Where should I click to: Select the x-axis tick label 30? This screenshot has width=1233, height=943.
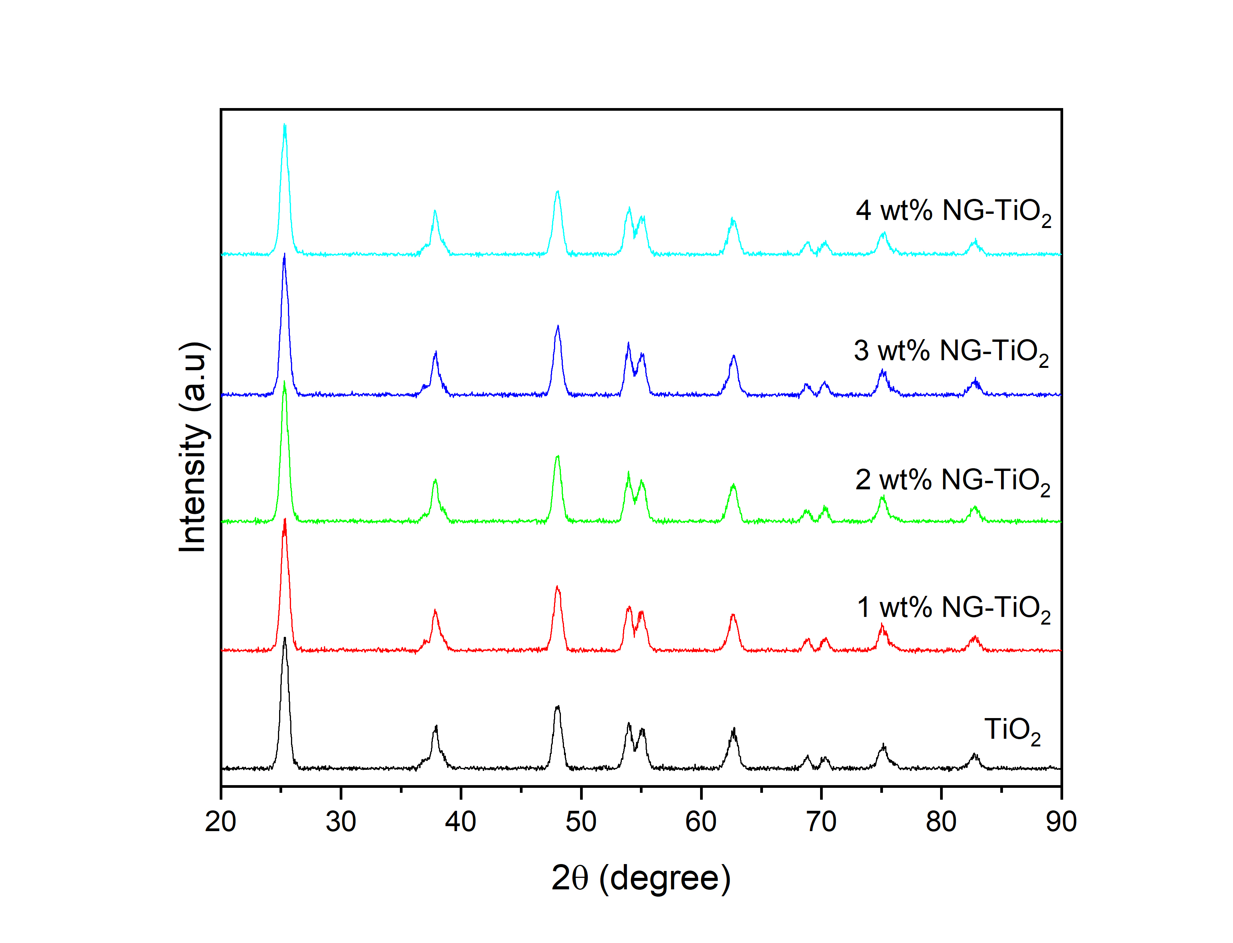tap(341, 822)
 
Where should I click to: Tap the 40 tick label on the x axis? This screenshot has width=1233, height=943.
tap(460, 822)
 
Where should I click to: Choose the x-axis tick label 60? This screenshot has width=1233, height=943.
tap(701, 822)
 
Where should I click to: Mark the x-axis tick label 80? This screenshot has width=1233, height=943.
tap(941, 822)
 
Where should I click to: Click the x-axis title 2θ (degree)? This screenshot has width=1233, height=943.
tap(641, 879)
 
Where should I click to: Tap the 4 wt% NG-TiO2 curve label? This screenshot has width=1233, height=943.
tap(953, 212)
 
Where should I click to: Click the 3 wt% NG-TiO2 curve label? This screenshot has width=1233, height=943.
tap(951, 352)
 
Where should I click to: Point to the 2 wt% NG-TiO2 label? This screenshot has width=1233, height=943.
tap(952, 481)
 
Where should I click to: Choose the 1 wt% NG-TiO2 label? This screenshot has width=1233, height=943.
tap(954, 608)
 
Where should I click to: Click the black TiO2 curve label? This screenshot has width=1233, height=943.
tap(1012, 731)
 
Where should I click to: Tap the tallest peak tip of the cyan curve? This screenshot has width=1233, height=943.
tap(284, 125)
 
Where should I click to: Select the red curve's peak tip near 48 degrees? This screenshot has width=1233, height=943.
tap(557, 587)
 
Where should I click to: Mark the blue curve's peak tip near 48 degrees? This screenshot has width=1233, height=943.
tap(557, 326)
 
